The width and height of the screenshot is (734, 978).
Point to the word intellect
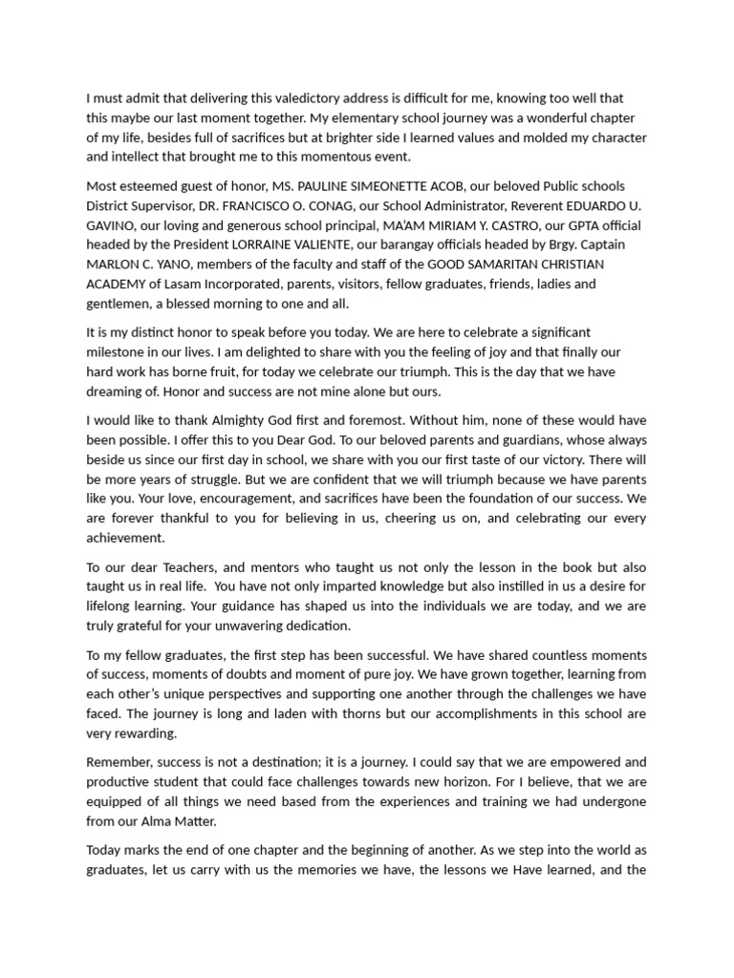pos(175,158)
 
